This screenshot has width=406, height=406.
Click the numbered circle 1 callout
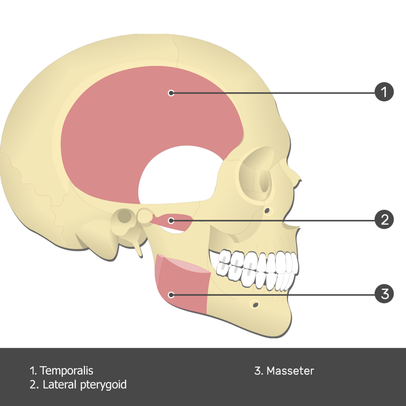pyautogui.click(x=384, y=92)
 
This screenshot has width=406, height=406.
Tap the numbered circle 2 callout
pyautogui.click(x=384, y=220)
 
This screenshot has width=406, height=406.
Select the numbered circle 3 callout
pyautogui.click(x=384, y=294)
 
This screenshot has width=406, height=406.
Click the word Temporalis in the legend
pyautogui.click(x=66, y=371)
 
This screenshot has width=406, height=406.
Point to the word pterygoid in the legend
pyautogui.click(x=103, y=385)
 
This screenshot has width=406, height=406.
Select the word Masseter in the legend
pyautogui.click(x=290, y=371)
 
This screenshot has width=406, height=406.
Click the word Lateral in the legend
pyautogui.click(x=60, y=385)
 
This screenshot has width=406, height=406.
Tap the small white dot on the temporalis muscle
pyautogui.click(x=171, y=93)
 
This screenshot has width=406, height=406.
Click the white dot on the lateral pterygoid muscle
pyautogui.click(x=171, y=220)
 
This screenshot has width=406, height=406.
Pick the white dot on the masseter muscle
pyautogui.click(x=171, y=295)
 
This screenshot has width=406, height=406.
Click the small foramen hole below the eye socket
pyautogui.click(x=267, y=211)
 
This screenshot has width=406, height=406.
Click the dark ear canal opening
pyautogui.click(x=124, y=216)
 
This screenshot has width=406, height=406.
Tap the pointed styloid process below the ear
pyautogui.click(x=138, y=249)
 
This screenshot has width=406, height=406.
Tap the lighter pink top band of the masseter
pyautogui.click(x=184, y=264)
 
